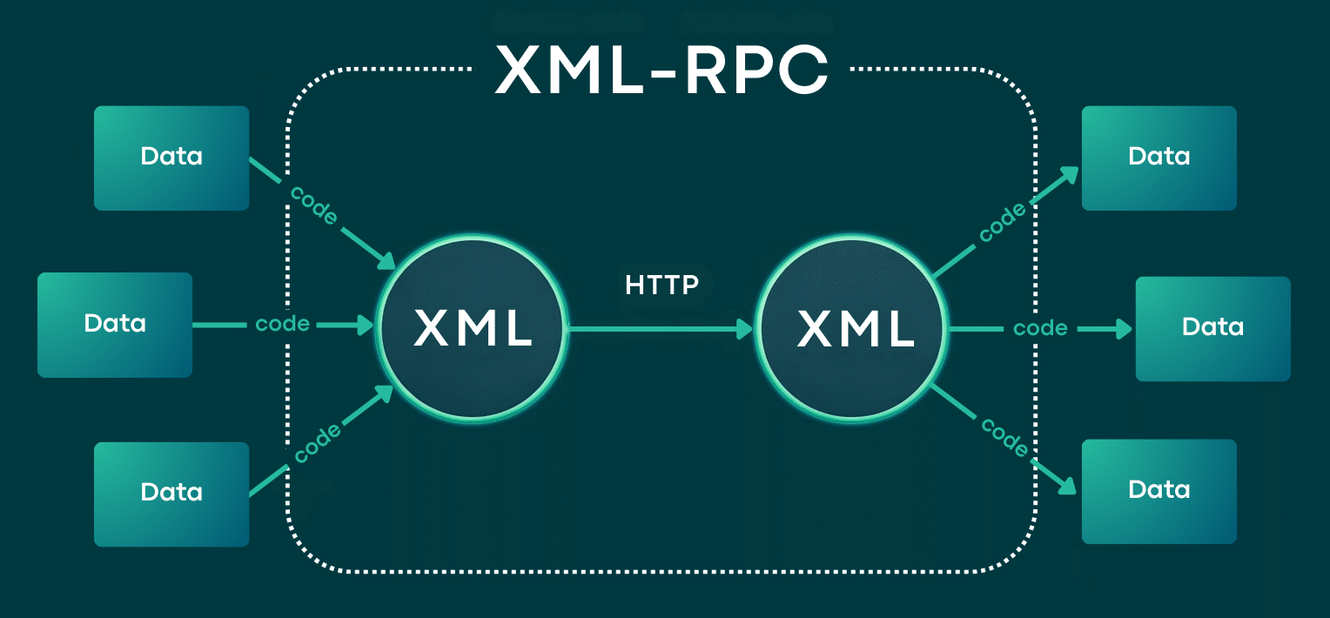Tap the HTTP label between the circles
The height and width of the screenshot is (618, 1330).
click(x=662, y=285)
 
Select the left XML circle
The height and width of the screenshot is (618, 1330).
click(x=473, y=329)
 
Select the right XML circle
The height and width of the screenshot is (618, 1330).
click(x=856, y=329)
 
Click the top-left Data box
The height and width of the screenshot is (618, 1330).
click(x=171, y=158)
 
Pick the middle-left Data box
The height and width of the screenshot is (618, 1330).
click(x=114, y=325)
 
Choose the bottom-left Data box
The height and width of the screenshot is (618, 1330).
click(x=171, y=494)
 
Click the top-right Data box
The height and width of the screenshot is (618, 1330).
click(x=1159, y=158)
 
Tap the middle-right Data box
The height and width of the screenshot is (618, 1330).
click(x=1212, y=328)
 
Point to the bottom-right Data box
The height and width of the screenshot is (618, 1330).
click(x=1159, y=491)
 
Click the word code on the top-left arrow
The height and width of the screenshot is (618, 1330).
click(x=313, y=206)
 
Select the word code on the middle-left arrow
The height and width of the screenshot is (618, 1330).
click(x=282, y=325)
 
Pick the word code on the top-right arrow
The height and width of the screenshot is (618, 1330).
click(x=1003, y=223)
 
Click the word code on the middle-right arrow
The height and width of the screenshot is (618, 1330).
click(x=1040, y=329)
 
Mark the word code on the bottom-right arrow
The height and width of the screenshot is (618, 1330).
click(x=1005, y=437)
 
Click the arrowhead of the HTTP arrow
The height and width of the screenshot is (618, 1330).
click(x=745, y=329)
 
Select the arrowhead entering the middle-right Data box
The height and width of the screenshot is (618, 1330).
click(x=1124, y=329)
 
